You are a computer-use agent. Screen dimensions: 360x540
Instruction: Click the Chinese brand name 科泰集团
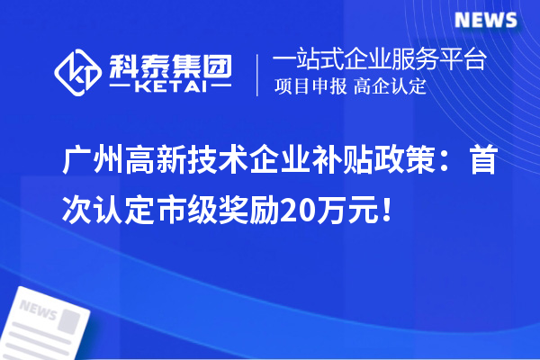pyautogui.click(x=171, y=64)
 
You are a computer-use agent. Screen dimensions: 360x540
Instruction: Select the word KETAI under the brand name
pyautogui.click(x=171, y=88)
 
